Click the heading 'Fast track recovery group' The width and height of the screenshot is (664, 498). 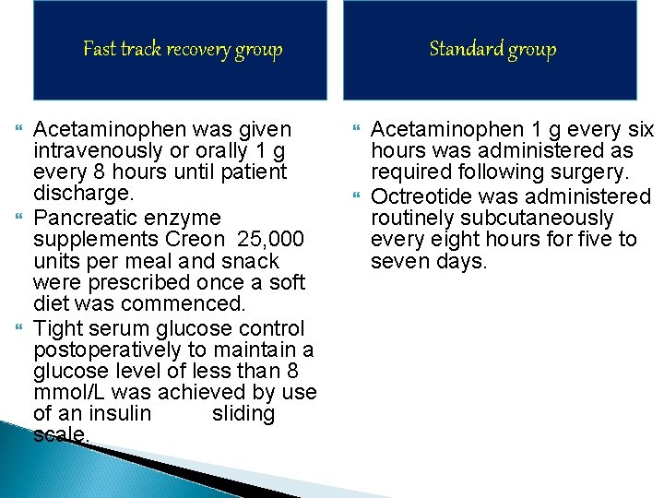[x=183, y=49]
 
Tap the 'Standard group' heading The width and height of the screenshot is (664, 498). [x=492, y=49]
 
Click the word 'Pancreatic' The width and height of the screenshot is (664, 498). [x=82, y=219]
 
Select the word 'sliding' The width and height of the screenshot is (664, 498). [x=243, y=414]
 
